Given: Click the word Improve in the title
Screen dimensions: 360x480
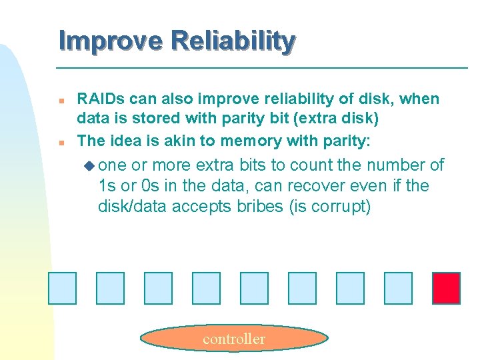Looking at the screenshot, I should point(110,41).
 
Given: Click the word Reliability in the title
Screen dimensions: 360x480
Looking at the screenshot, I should point(233,41).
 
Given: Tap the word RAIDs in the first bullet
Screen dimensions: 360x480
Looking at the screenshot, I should point(100,99).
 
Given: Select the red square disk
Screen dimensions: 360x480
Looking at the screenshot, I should point(446,288).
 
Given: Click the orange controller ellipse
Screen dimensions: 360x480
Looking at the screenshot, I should point(234,339).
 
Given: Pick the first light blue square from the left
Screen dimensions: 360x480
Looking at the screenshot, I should point(62,288).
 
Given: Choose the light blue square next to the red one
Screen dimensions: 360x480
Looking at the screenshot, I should point(398,288).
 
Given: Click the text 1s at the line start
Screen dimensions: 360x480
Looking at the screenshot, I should point(107,186).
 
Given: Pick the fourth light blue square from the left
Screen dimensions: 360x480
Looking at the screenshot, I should point(206,288).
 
